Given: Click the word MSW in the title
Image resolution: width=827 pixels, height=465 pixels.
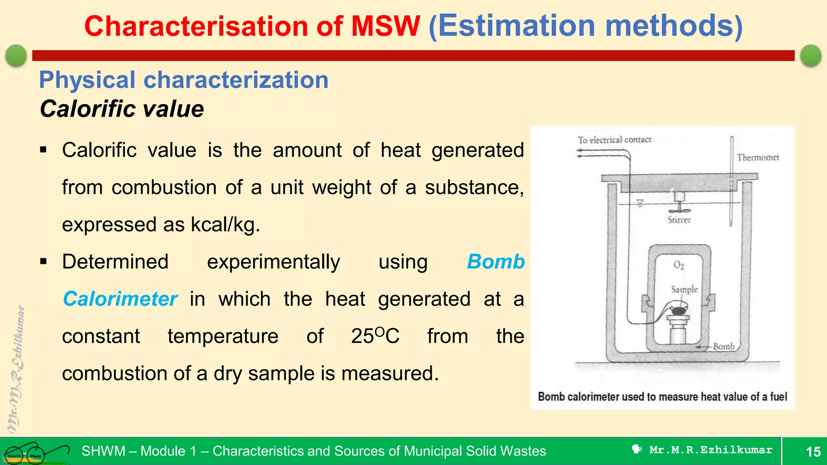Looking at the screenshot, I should (x=386, y=26).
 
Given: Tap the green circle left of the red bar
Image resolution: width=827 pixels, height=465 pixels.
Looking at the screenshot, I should (x=16, y=55).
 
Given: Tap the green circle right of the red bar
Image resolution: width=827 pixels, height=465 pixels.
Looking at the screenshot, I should (x=810, y=55).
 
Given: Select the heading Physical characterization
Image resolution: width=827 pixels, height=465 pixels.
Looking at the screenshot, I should (x=184, y=80).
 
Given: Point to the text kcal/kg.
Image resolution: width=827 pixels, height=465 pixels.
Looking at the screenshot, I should (x=225, y=224).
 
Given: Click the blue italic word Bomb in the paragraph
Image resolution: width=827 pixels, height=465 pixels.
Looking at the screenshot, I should (x=495, y=262).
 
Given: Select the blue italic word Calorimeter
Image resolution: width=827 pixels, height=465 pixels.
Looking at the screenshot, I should (x=120, y=299).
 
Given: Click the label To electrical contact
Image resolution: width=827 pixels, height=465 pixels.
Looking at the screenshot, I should (x=614, y=140).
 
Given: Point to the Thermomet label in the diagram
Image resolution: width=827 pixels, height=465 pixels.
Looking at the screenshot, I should (x=758, y=157).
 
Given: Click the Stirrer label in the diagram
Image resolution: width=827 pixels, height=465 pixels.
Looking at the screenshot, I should (x=679, y=220).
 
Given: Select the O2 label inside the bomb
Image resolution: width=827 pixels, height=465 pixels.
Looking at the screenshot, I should (x=679, y=265).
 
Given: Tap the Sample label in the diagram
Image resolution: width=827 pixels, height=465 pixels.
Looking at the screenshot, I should (x=684, y=289).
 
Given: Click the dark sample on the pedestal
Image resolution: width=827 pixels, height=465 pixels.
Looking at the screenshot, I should (x=679, y=310).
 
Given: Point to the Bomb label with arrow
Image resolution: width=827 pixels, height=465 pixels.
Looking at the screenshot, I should (x=723, y=346).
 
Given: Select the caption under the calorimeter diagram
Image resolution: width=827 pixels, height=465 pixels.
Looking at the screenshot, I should (x=662, y=397).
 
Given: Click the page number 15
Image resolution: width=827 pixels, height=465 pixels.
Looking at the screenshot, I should (x=813, y=451).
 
